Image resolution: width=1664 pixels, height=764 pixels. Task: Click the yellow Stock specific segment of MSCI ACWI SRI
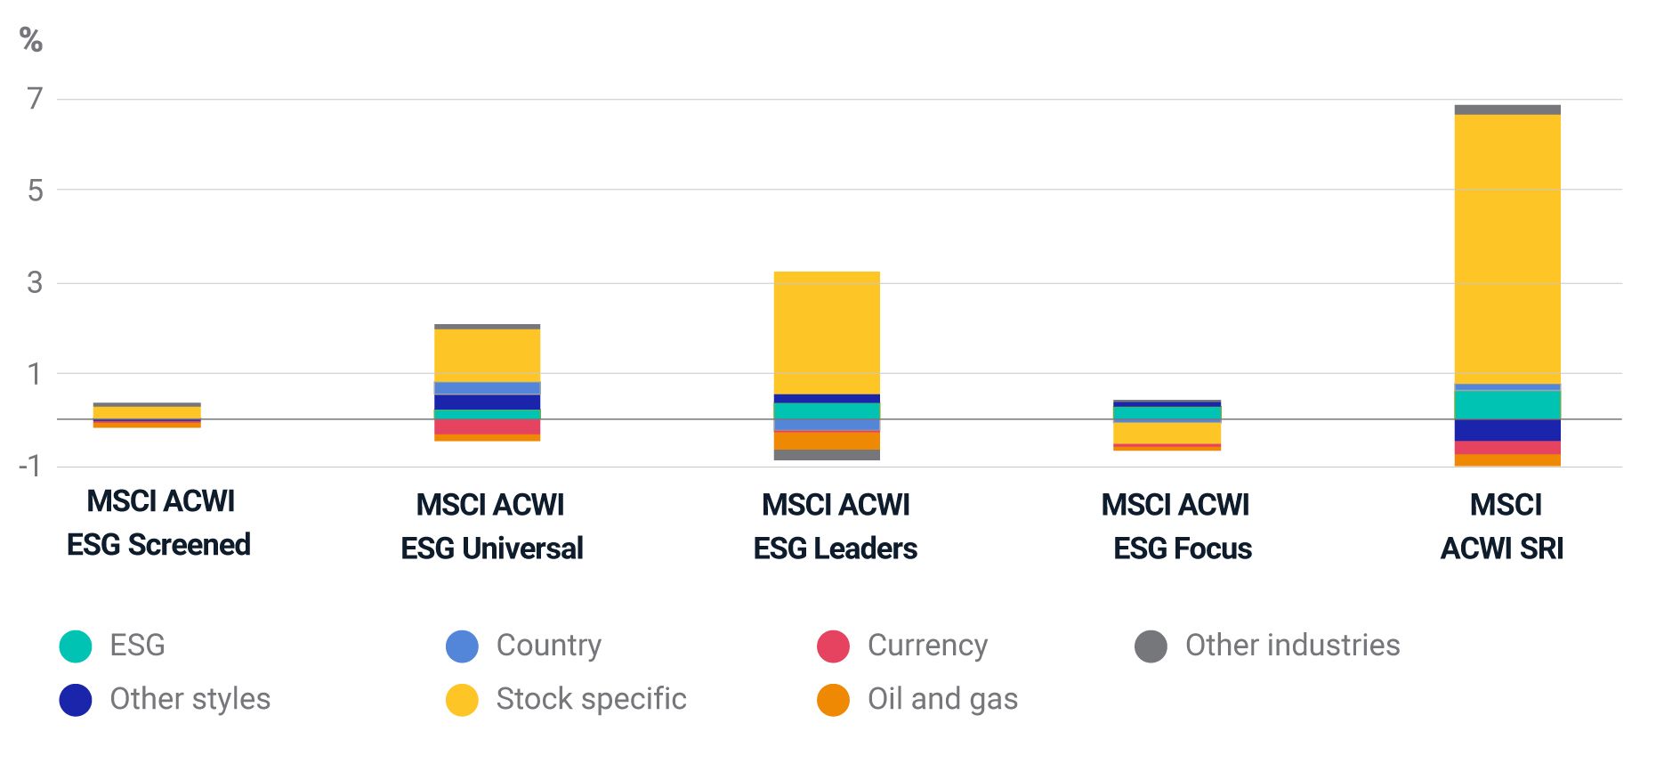coord(1506,248)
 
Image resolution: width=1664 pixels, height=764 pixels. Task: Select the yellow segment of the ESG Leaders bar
coord(827,332)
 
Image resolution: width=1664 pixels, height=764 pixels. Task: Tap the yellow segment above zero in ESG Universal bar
coord(487,354)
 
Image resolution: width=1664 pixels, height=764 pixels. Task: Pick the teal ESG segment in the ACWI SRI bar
coord(1506,404)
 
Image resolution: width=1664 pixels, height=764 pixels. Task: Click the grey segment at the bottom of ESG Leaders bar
coord(827,455)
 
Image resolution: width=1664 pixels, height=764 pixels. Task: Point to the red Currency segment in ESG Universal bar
coord(487,427)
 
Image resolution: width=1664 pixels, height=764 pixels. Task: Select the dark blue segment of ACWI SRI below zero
coord(1506,430)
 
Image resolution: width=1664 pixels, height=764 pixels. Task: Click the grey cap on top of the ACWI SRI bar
coord(1506,110)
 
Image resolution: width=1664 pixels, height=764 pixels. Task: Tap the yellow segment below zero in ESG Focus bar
coord(1167,433)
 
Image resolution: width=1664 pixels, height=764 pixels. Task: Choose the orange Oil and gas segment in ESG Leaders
coord(827,441)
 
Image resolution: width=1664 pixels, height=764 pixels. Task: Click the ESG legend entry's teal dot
coord(76,646)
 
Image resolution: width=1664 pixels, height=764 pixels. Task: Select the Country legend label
coord(548,646)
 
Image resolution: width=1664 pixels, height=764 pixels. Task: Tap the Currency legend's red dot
coord(833,646)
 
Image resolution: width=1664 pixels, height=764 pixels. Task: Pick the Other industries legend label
coord(1292,646)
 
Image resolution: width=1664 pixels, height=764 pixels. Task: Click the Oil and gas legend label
coord(942,700)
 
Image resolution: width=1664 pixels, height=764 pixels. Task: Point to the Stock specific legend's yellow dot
coord(462,700)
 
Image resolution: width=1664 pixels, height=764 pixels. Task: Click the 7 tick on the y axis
coord(35,98)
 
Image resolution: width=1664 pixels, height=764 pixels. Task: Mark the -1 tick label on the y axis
coord(30,466)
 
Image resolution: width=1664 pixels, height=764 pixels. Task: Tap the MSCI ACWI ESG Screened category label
coord(159,523)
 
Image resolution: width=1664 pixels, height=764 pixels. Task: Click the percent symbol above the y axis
coord(31,40)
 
